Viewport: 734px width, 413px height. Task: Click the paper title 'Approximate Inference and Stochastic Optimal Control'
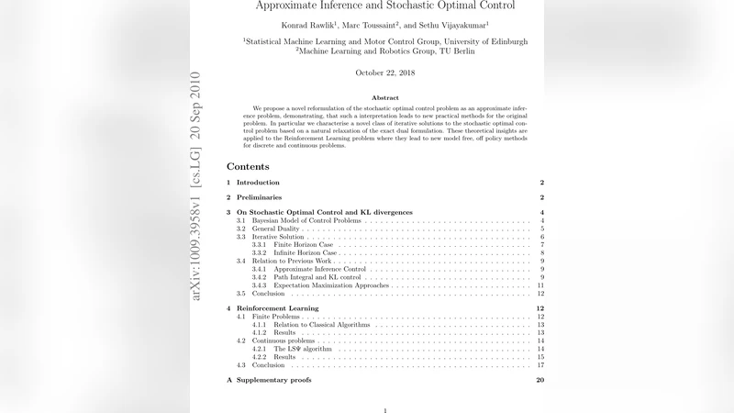pos(384,5)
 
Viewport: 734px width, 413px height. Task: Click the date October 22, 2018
pos(384,73)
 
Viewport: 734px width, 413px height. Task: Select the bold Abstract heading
pos(384,97)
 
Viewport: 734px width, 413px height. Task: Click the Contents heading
pos(248,167)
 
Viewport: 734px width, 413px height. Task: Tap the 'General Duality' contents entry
pos(275,229)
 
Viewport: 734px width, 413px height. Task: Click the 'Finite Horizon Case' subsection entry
pos(295,245)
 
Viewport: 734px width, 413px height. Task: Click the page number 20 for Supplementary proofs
pos(541,380)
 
